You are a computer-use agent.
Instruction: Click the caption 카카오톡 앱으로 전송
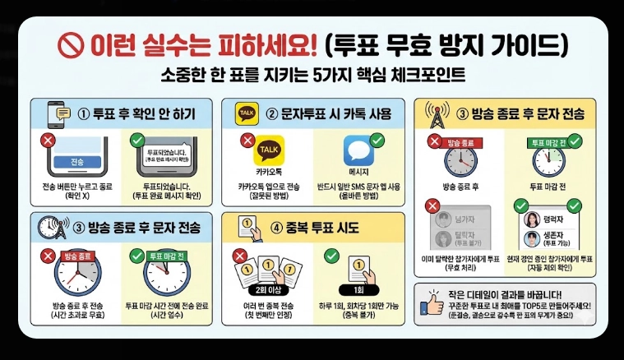pos(266,187)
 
